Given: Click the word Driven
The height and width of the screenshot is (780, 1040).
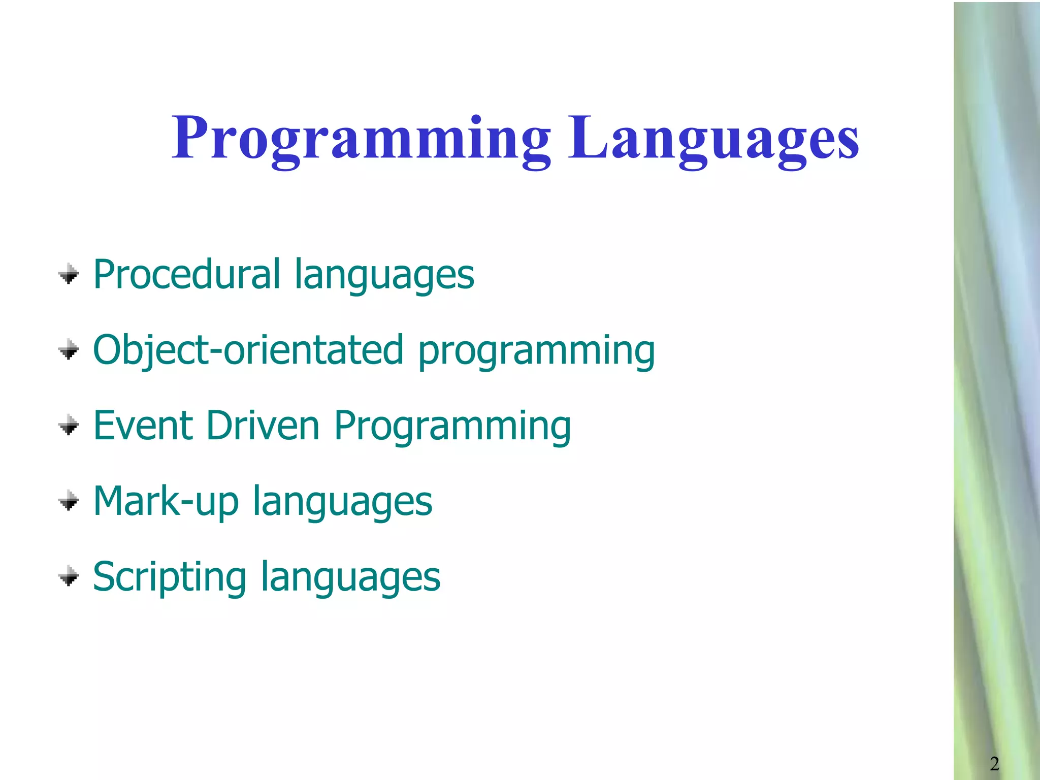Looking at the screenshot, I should pyautogui.click(x=263, y=426).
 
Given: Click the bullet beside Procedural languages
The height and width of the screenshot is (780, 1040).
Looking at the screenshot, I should pyautogui.click(x=69, y=275).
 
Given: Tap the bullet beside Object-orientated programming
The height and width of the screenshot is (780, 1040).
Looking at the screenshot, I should pyautogui.click(x=69, y=350).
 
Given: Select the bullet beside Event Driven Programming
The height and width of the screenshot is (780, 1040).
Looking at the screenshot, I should pyautogui.click(x=69, y=426).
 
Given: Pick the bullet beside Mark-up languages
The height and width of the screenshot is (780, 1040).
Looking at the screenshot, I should pyautogui.click(x=69, y=501).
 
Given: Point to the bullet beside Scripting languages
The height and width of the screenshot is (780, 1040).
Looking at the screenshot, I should pyautogui.click(x=69, y=577).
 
